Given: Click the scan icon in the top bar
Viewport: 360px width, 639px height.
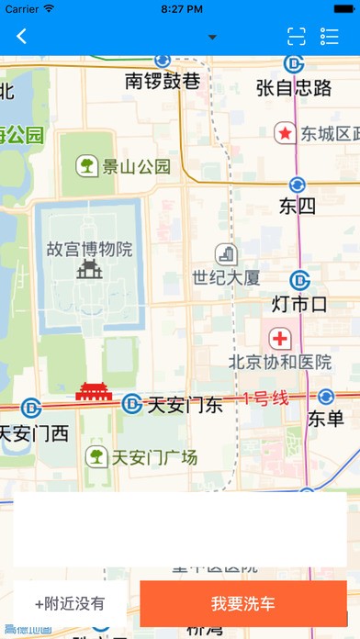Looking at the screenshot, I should click(296, 37).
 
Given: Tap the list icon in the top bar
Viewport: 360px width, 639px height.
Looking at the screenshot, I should click(330, 37).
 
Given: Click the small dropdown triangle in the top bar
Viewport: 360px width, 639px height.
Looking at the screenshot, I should click(213, 38).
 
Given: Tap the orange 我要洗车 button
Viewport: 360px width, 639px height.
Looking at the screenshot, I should click(242, 603).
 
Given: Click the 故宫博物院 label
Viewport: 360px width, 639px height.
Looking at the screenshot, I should click(89, 249).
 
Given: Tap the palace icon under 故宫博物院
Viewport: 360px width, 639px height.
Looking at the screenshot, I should click(89, 268).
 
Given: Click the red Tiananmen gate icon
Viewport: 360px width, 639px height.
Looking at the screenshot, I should click(93, 392).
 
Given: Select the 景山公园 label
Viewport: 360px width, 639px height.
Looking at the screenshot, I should click(137, 166).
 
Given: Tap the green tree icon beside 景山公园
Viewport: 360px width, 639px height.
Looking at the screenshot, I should click(87, 165).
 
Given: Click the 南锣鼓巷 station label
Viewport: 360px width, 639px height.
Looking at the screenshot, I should click(163, 82).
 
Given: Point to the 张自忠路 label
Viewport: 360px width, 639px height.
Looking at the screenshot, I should click(294, 87).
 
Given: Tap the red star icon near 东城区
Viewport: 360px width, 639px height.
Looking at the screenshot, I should click(286, 134).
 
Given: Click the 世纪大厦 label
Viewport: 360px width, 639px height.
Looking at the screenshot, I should click(226, 275).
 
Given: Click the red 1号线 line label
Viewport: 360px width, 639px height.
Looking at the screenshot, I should click(266, 398).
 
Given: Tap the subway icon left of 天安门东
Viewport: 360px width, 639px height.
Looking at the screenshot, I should click(132, 404).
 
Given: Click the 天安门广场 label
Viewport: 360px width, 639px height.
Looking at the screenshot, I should click(153, 456).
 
